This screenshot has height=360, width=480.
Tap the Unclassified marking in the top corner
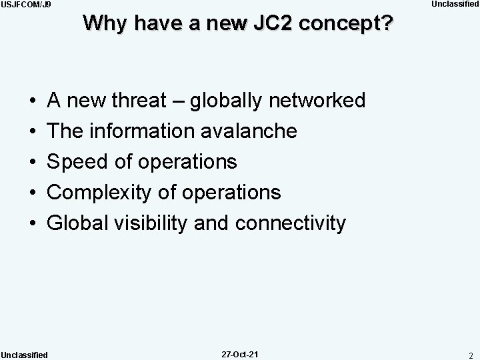click(x=455, y=5)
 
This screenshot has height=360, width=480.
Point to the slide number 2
click(x=470, y=355)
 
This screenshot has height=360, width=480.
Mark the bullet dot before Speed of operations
click(x=33, y=162)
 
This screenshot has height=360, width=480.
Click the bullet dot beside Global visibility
click(x=33, y=224)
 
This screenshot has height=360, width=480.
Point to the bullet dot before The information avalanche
click(x=33, y=131)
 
